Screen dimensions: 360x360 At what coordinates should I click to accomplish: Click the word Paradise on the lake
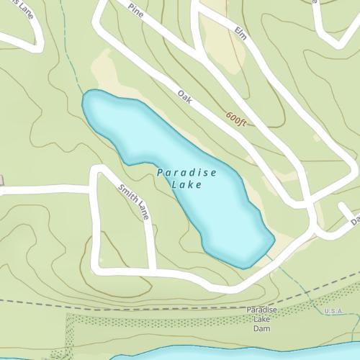pyautogui.click(x=186, y=174)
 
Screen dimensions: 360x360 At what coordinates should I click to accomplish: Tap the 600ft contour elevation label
pyautogui.click(x=235, y=119)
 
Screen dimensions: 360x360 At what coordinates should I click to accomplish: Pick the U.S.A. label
pyautogui.click(x=333, y=311)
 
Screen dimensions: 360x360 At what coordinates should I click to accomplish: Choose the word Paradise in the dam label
pyautogui.click(x=261, y=310)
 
